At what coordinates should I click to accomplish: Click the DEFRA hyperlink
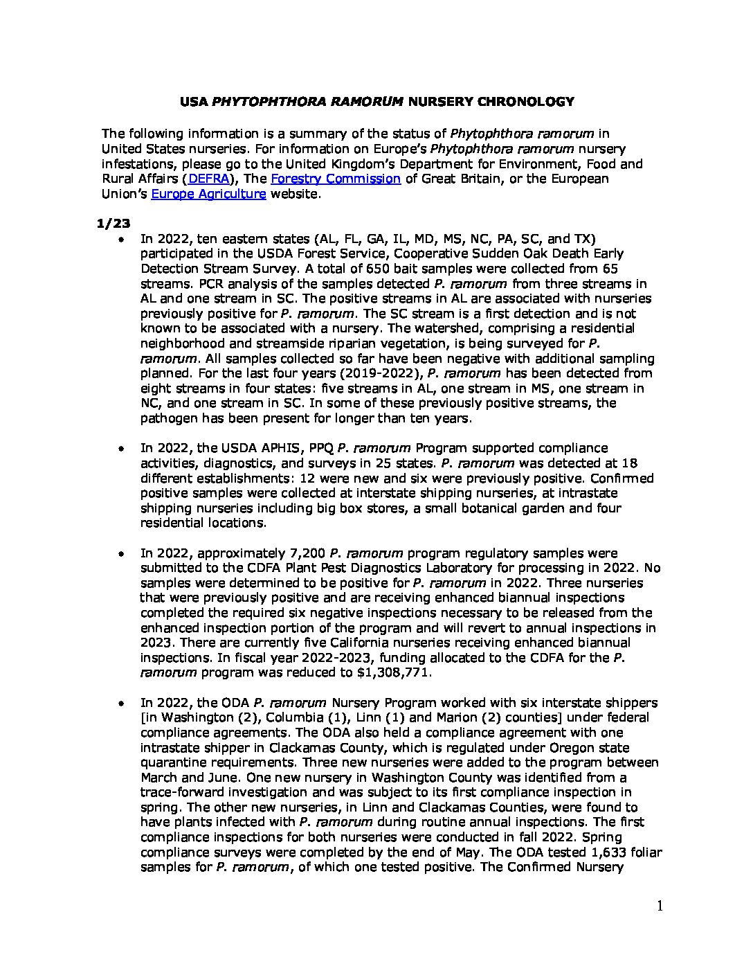click(208, 179)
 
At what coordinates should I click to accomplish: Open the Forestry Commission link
click(335, 179)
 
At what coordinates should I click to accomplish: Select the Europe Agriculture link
click(208, 194)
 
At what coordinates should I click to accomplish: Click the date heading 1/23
click(113, 224)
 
